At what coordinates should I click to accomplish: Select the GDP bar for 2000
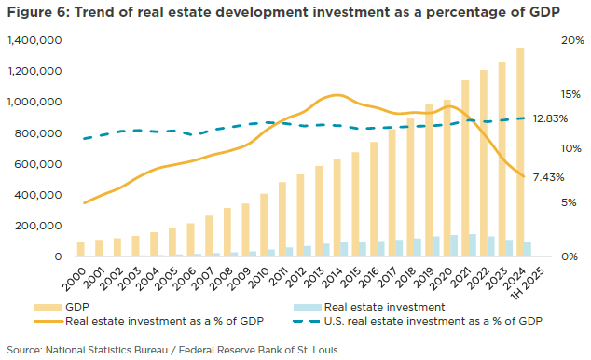coord(81,249)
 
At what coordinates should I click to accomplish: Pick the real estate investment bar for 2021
coord(473,245)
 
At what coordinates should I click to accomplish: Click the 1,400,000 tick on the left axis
coord(34,41)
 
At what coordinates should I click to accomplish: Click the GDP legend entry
coord(80,305)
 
